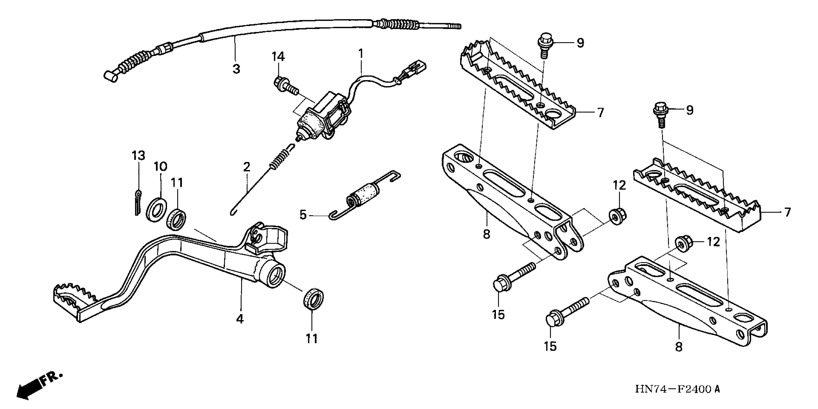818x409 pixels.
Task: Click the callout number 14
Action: click(278, 57)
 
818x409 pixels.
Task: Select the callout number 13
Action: click(138, 156)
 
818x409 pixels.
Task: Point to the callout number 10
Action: click(161, 166)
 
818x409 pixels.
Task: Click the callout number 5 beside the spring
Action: click(303, 215)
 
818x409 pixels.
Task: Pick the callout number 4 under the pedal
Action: click(240, 319)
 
